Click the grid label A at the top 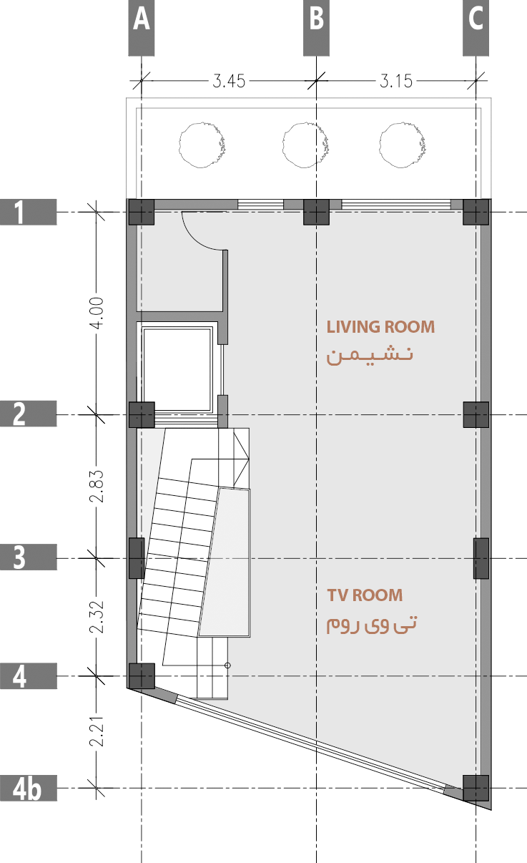[141, 21]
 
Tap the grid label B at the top [316, 21]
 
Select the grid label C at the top [476, 21]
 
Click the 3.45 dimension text [229, 80]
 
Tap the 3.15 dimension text [395, 80]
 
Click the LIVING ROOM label [380, 327]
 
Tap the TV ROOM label [365, 595]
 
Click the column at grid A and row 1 [141, 212]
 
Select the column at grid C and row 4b [476, 788]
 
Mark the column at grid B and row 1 [316, 212]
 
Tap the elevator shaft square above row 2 [178, 369]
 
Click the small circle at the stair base [227, 665]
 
